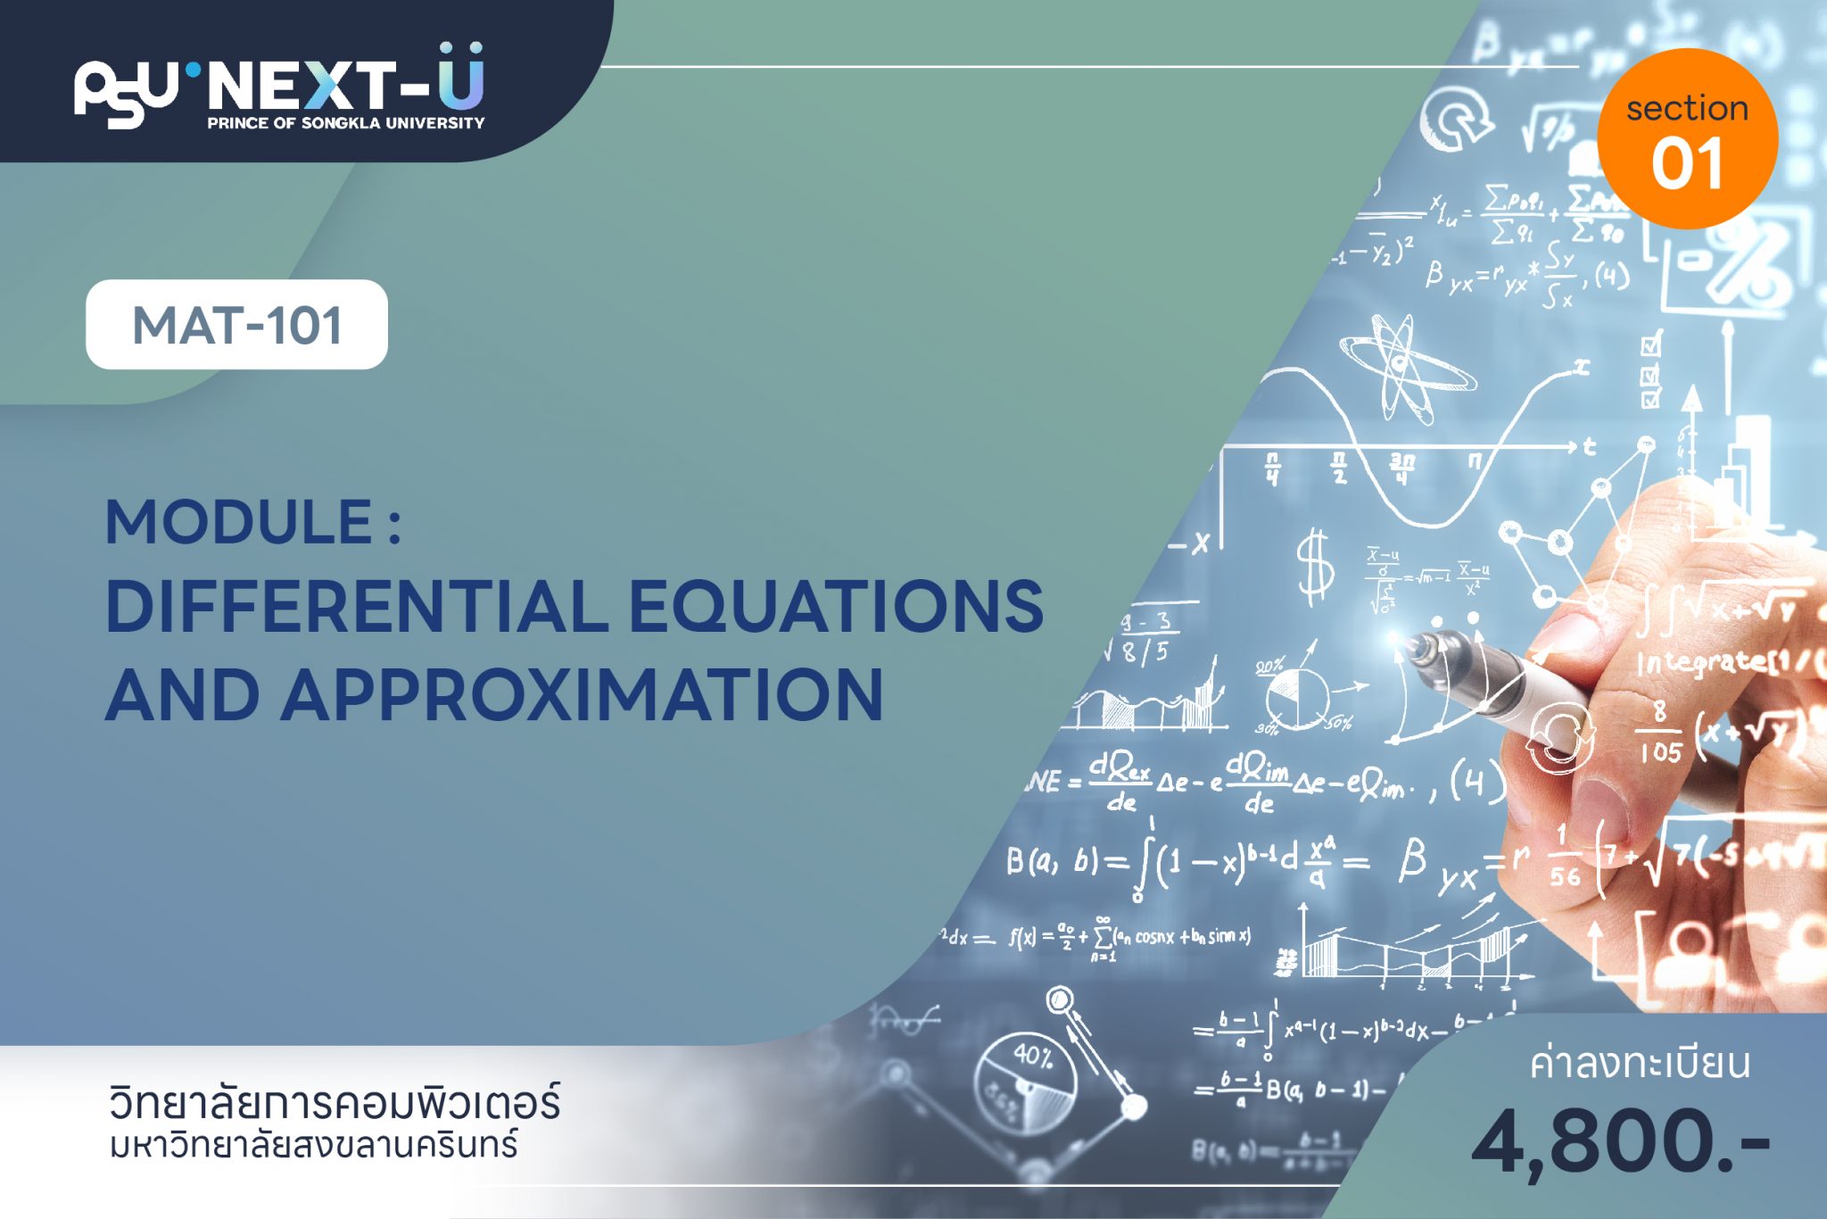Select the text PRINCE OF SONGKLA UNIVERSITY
(x=346, y=123)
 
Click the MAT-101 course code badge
(x=236, y=325)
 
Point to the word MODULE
(x=239, y=522)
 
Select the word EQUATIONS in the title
(x=836, y=607)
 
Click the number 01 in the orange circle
(x=1686, y=165)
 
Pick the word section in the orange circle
(x=1686, y=109)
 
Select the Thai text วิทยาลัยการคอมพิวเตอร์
(x=335, y=1103)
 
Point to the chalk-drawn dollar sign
(x=1315, y=568)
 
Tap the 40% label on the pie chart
(x=1033, y=1057)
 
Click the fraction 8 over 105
(x=1659, y=732)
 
